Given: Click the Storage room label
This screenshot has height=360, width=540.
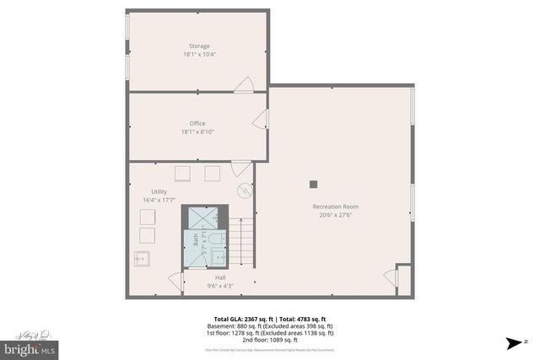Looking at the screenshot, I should (199, 46).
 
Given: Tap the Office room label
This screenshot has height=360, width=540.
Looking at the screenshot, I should (197, 123).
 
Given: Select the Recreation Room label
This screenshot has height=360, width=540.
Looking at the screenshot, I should (336, 207).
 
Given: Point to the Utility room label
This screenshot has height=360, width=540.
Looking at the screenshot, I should (159, 192).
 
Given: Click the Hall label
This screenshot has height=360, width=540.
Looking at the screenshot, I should (219, 277).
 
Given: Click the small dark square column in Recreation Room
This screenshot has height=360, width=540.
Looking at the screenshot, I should (313, 184).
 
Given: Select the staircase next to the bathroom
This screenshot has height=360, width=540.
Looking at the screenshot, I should (242, 240).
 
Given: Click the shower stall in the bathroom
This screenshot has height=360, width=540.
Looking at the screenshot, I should (207, 218).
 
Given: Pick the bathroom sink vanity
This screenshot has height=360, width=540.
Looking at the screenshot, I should (217, 239).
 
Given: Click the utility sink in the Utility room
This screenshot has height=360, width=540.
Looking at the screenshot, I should (142, 259).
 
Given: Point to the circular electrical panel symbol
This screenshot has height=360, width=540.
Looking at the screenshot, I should (244, 191).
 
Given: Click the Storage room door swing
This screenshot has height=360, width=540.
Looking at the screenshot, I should (244, 84).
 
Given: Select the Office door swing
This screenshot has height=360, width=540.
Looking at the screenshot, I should (261, 119).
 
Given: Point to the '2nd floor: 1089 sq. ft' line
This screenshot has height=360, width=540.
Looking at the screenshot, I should (269, 339).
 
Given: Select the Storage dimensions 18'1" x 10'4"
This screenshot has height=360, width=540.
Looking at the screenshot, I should (199, 55).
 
